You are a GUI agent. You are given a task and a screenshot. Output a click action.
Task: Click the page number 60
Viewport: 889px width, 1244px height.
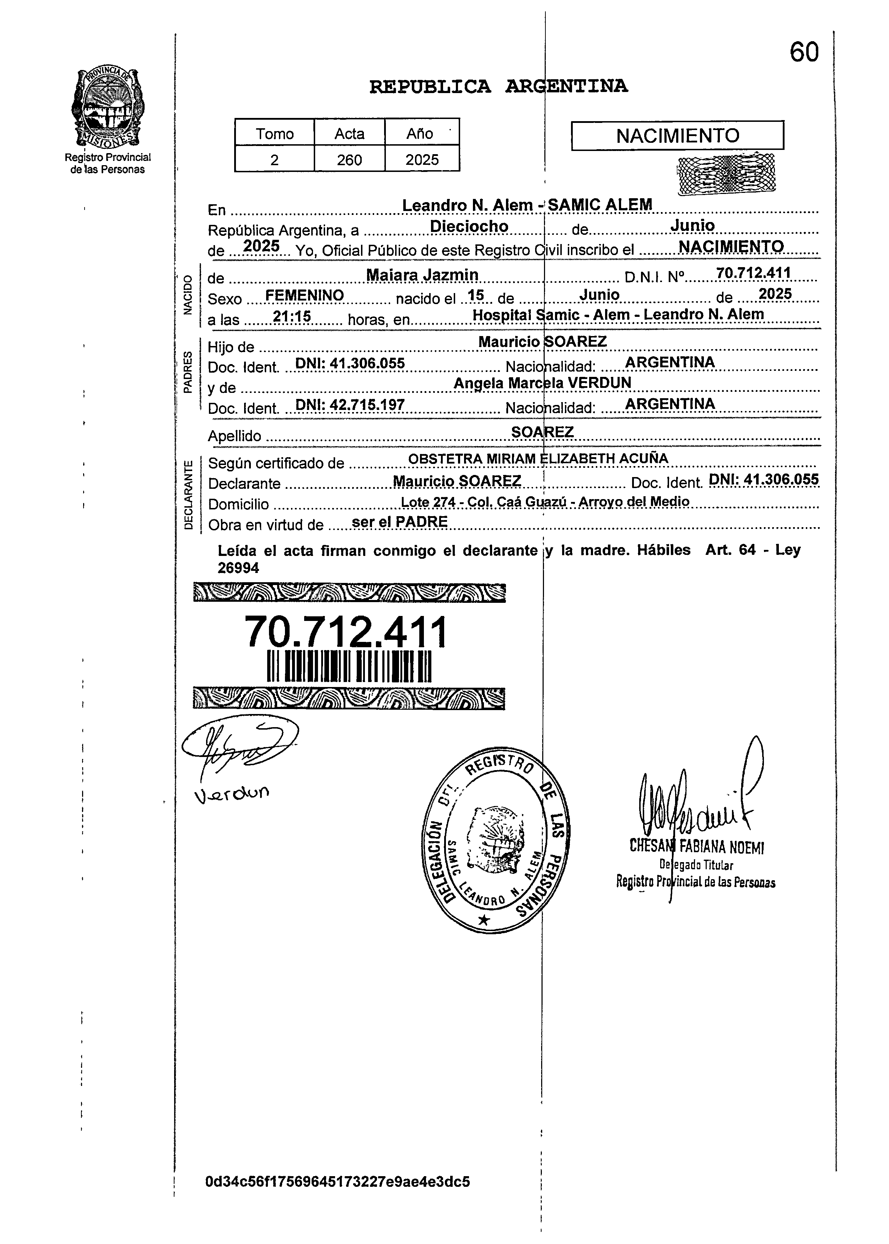(x=804, y=53)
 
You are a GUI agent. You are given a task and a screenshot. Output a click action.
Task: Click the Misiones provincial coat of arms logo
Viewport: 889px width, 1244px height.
(x=108, y=109)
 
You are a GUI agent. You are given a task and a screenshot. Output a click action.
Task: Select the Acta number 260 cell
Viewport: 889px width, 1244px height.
(x=349, y=160)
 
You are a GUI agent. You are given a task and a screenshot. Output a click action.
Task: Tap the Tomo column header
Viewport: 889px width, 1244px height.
(x=275, y=134)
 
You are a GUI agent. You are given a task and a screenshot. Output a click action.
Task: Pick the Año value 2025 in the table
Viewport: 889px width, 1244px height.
(x=422, y=160)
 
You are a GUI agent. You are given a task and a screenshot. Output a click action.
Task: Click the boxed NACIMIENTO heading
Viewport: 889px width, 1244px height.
(x=677, y=136)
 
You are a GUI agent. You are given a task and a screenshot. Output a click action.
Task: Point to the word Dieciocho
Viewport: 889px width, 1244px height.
(x=469, y=227)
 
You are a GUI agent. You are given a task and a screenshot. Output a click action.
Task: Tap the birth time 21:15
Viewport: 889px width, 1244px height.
(x=292, y=317)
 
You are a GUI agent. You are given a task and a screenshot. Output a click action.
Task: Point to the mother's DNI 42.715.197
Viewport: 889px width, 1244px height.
(x=350, y=405)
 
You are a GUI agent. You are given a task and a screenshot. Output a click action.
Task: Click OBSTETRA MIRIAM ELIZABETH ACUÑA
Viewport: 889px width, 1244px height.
(x=538, y=459)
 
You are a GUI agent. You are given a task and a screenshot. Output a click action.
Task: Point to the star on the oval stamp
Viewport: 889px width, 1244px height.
(x=483, y=920)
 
